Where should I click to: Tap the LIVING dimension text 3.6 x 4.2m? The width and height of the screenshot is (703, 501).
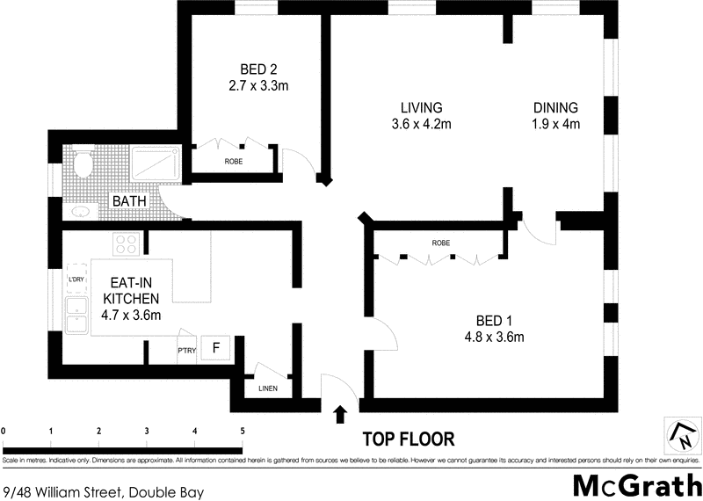421,124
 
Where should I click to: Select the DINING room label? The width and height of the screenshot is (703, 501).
556,107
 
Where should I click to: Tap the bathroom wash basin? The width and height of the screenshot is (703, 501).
81,211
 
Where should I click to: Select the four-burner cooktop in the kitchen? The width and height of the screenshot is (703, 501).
127,243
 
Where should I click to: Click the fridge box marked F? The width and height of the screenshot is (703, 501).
214,347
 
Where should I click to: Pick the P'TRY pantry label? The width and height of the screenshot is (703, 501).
186,351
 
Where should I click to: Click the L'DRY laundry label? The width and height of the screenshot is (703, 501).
76,280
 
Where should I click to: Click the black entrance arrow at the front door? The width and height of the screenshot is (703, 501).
341,413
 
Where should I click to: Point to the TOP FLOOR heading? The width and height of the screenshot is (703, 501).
409,439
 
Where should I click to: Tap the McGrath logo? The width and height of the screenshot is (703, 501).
636,484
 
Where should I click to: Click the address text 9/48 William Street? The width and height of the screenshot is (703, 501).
103,491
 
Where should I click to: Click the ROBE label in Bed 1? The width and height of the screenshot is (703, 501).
441,243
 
